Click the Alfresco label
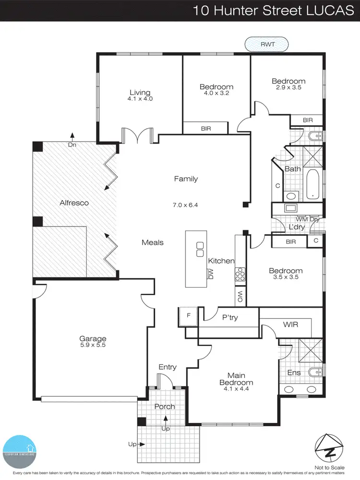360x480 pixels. click(74, 203)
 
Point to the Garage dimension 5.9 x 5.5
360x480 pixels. click(94, 345)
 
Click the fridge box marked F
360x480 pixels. click(188, 316)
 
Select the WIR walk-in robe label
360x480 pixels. click(290, 324)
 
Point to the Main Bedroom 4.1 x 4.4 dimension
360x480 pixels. click(236, 389)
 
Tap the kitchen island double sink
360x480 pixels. click(200, 249)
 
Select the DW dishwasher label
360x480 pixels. click(210, 274)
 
